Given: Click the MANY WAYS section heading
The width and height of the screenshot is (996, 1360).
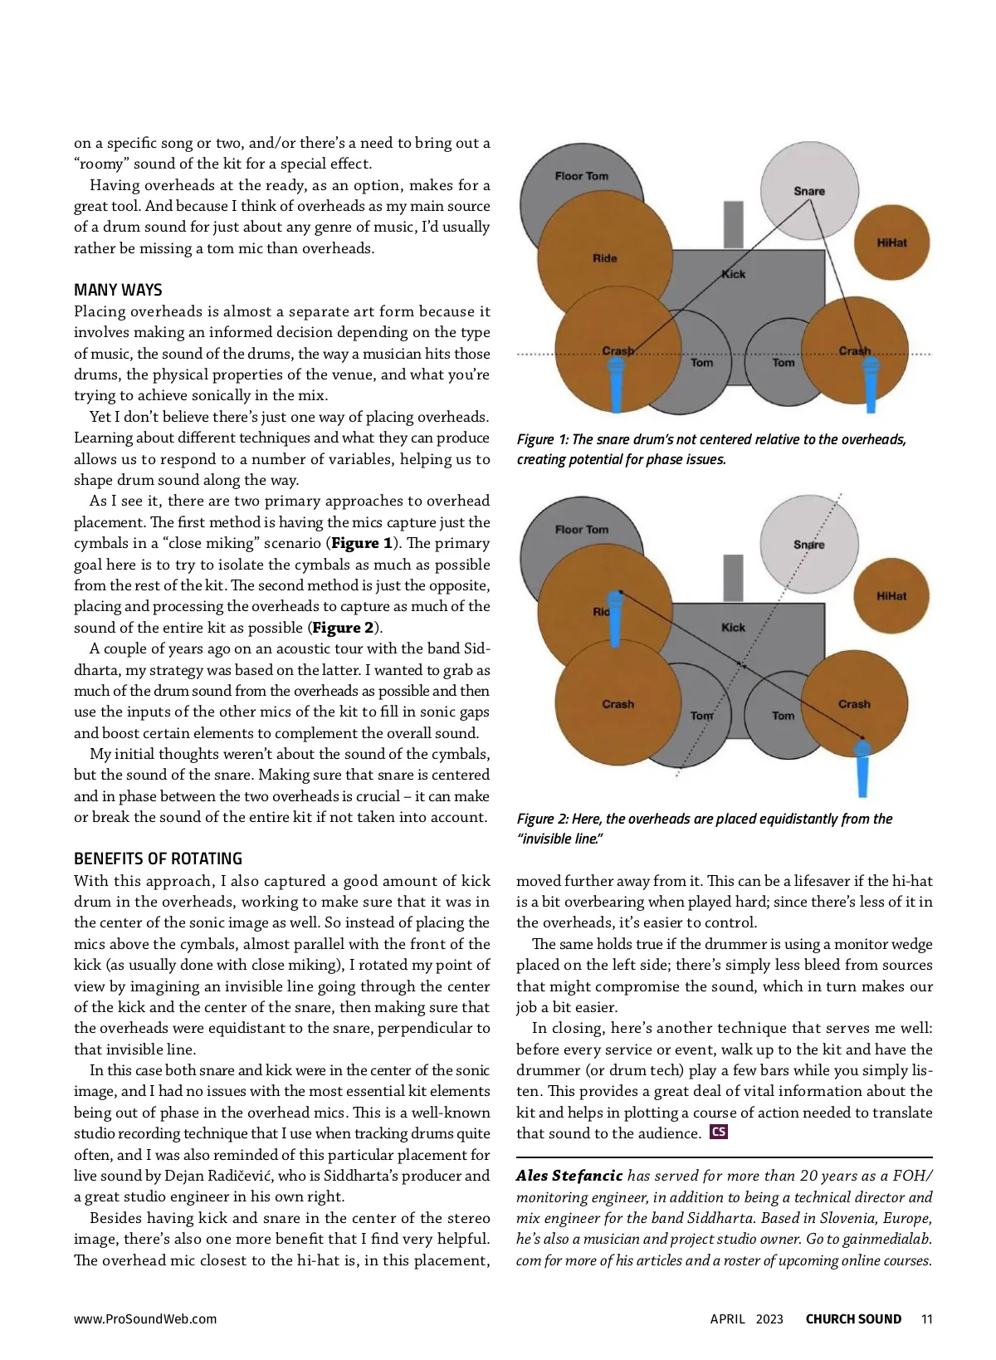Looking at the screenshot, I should pos(118,290).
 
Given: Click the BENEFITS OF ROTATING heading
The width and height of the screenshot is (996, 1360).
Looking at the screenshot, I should pos(158,859).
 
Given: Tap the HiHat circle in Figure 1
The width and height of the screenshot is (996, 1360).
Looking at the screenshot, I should pos(892,242).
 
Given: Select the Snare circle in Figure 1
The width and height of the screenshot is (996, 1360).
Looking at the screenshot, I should pos(809,190).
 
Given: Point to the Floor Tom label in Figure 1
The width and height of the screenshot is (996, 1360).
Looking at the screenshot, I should pos(582,176).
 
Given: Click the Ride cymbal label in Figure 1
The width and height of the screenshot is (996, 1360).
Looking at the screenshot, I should pos(604,258).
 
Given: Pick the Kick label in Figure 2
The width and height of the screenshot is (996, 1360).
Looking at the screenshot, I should pos(733,628).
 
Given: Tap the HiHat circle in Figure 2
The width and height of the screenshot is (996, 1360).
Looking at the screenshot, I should pos(892,596).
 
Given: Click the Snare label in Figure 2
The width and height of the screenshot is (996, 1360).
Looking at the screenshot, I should pos(808,545).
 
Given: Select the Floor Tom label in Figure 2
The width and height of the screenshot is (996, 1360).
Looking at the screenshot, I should pos(582,530).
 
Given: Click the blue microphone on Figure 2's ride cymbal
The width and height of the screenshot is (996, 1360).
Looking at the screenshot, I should pos(615,618).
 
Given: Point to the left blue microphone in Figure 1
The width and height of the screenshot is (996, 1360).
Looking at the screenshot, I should pos(617,384).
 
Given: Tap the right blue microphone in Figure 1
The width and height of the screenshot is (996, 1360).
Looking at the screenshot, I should pos(870,384).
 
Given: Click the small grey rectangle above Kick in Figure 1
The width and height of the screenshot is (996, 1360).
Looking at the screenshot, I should pos(733,224).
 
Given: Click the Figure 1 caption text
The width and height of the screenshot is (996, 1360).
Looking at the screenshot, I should pos(711,449).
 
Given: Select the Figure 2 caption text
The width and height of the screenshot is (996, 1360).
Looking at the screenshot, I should pos(704,829).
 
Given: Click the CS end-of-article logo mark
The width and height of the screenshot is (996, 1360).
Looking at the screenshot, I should pos(719,1132).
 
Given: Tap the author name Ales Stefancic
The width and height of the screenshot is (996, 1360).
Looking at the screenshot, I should pos(569,1176).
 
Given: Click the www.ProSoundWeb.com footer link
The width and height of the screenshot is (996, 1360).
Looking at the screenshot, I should pos(145,1319).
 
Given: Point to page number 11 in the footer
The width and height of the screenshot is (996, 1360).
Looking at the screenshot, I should pos(927,1319).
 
